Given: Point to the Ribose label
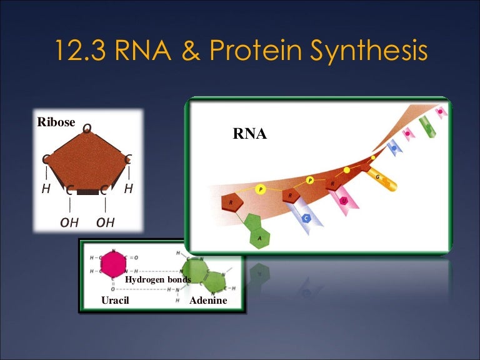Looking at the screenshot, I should click(56, 122).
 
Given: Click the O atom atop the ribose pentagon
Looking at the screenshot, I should click(87, 128).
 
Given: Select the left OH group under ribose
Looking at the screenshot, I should click(69, 222).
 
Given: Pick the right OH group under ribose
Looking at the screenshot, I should click(106, 222).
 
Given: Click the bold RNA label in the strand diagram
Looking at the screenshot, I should click(250, 133).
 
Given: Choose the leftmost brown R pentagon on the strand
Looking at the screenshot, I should click(231, 203).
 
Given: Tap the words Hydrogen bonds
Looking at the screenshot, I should click(157, 279).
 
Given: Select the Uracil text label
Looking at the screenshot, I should click(118, 301).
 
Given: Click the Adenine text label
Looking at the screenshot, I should click(208, 301).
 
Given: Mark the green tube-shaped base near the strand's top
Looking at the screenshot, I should click(425, 124).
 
